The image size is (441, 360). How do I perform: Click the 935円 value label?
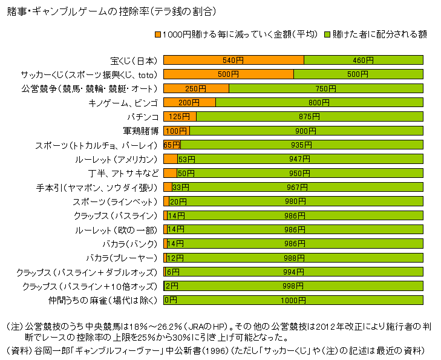pyautogui.click(x=301, y=145)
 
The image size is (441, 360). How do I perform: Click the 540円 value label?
pyautogui.click(x=233, y=60)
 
